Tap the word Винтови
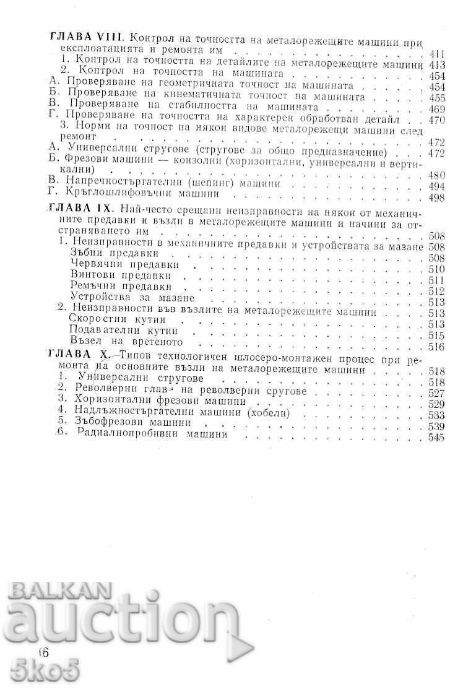[92, 275]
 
